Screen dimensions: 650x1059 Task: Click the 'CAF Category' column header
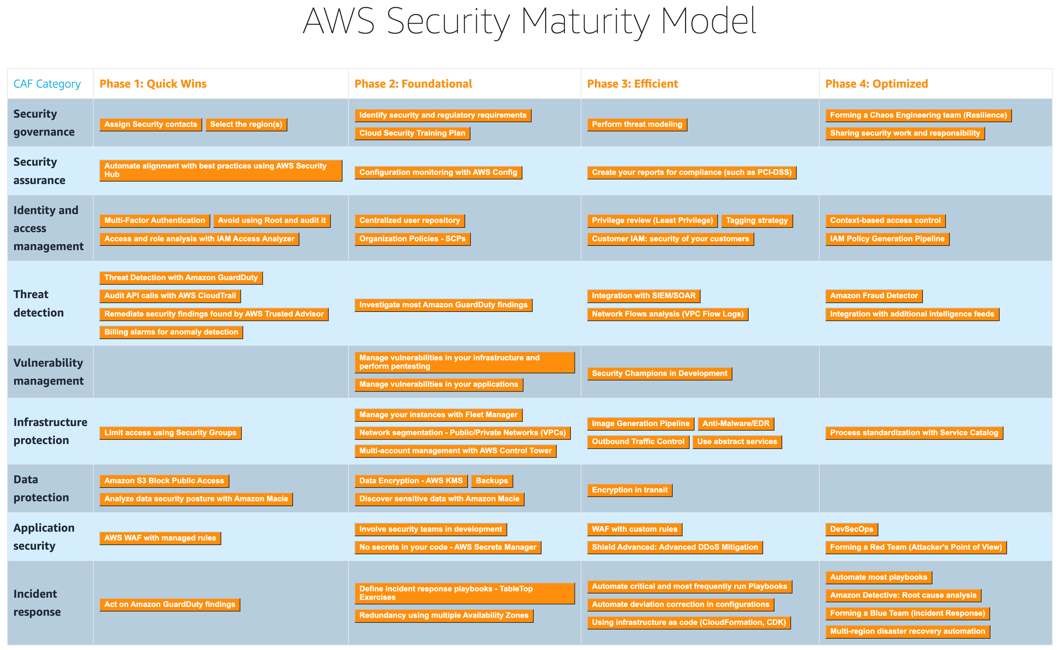tap(47, 84)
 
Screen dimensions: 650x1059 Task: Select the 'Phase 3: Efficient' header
tap(632, 84)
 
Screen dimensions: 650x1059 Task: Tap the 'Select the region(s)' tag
tap(246, 124)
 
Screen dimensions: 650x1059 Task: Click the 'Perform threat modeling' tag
tap(637, 124)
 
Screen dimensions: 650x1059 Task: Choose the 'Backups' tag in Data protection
tap(491, 481)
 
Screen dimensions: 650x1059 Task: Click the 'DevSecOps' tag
tap(851, 529)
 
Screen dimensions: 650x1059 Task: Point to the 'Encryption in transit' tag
tap(629, 490)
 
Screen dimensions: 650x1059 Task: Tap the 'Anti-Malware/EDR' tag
tap(735, 424)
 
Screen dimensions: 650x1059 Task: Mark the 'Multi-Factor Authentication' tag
tap(154, 220)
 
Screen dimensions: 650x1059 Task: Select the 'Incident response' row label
tap(37, 603)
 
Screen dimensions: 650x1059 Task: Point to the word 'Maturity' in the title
tap(585, 22)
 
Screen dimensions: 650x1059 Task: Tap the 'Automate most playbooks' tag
tap(878, 577)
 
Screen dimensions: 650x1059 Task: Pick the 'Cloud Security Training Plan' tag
tap(412, 133)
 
